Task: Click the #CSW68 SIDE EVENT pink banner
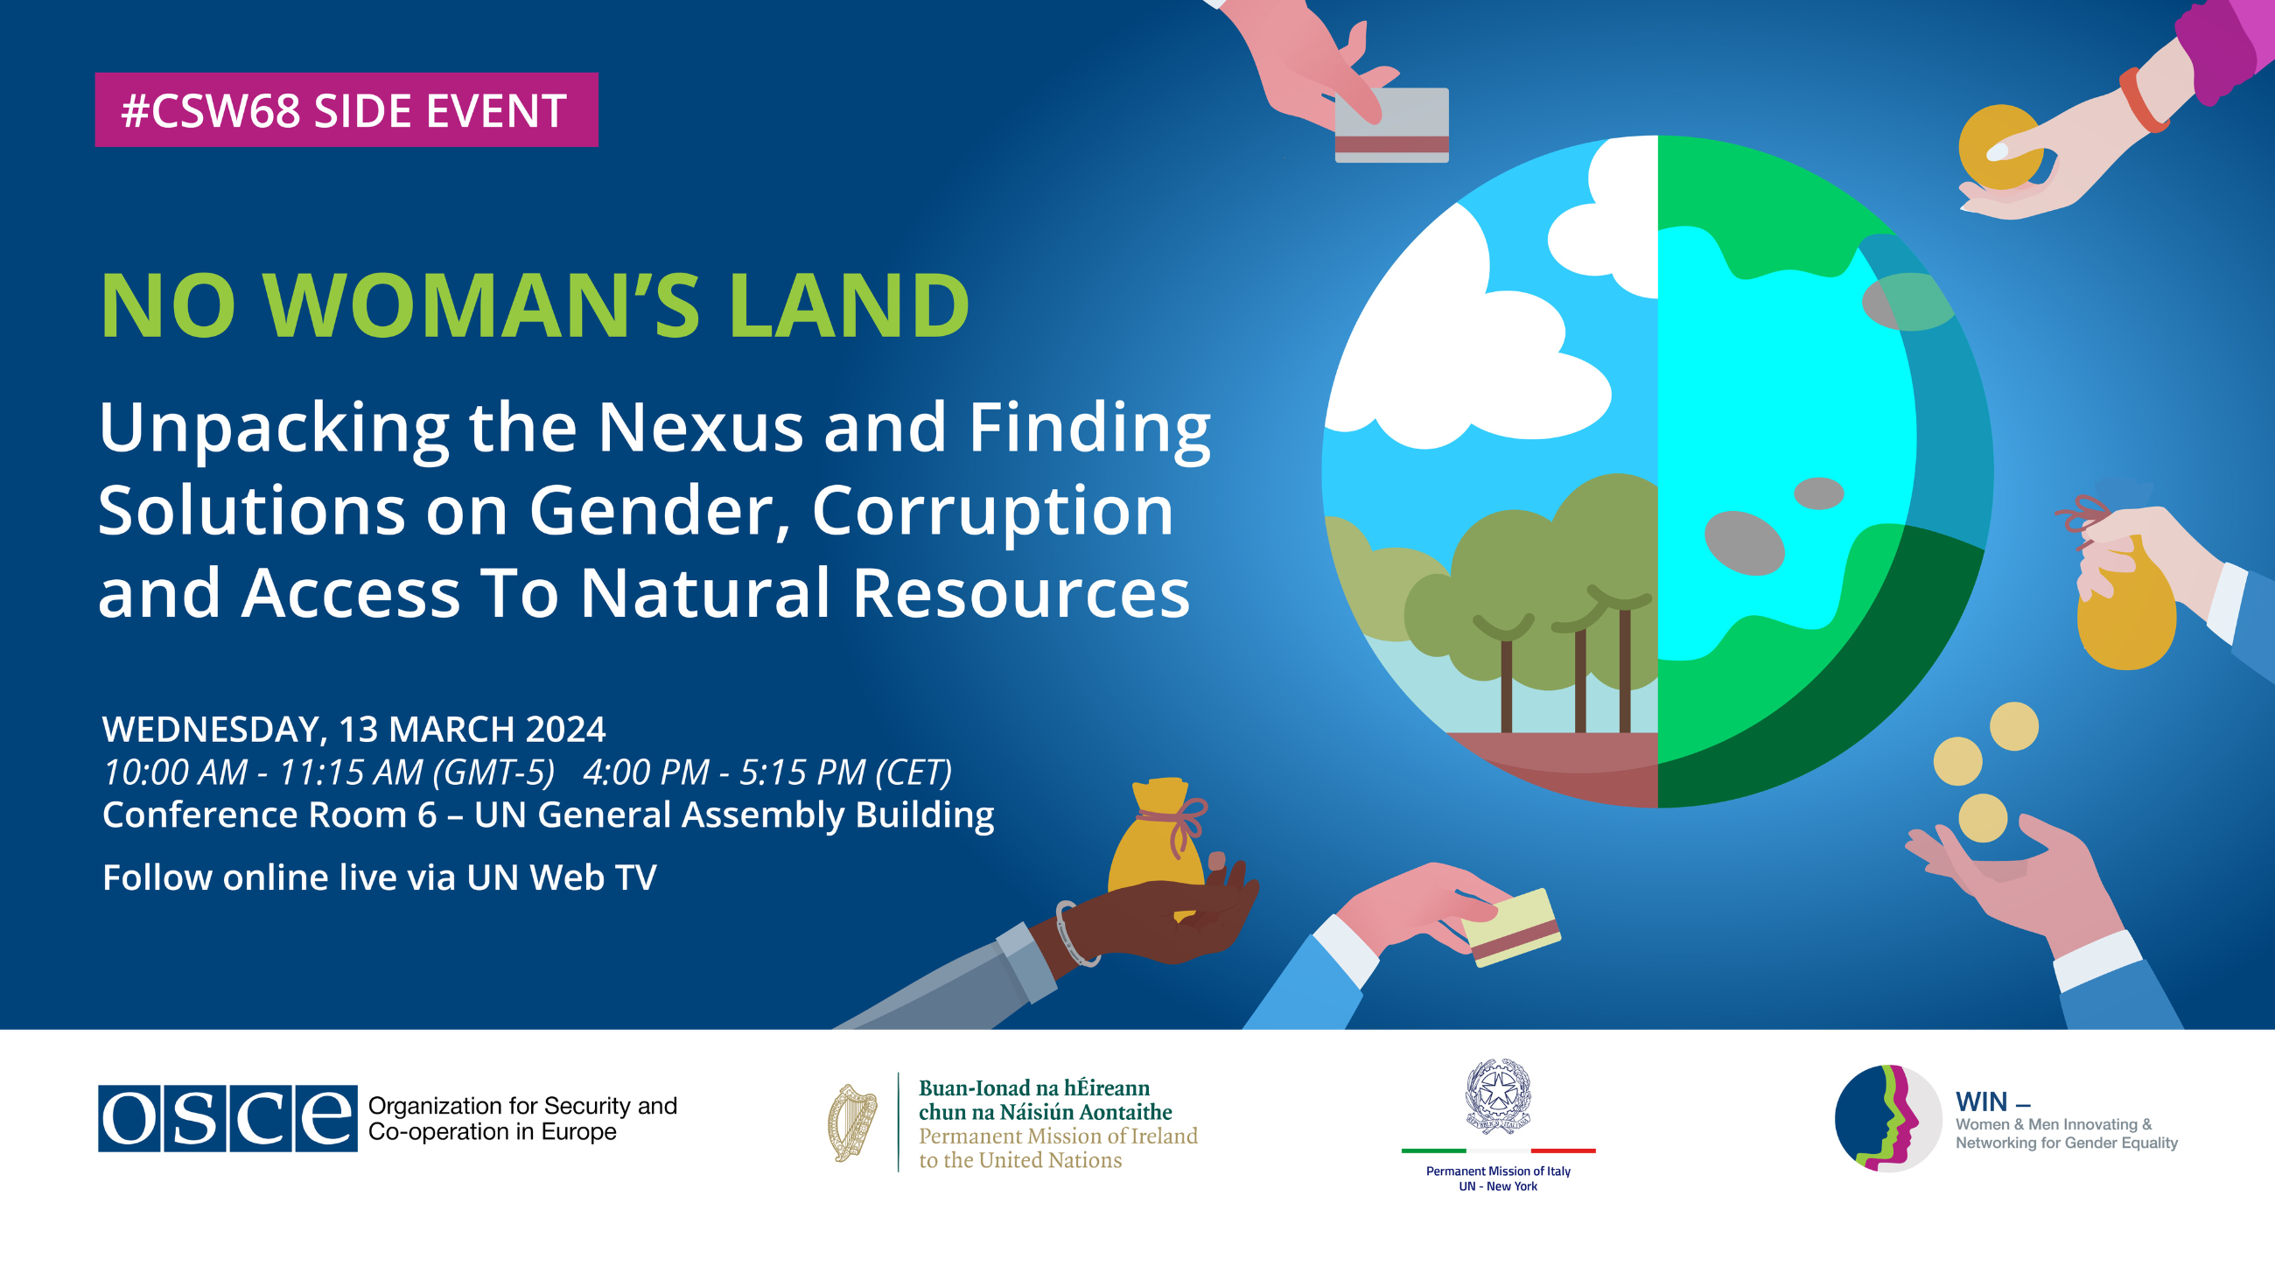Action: pos(346,109)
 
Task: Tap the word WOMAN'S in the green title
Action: pos(481,304)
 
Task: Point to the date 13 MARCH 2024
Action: pos(472,729)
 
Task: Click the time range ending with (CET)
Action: pos(767,772)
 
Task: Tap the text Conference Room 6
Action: pos(269,815)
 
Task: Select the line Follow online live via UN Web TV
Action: pos(380,878)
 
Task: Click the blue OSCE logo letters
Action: pos(227,1118)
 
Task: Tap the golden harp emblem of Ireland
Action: pos(852,1123)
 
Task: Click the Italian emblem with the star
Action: pos(1498,1095)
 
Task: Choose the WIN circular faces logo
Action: pos(1888,1118)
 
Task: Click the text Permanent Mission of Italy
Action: pos(1498,1172)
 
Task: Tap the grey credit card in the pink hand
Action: pos(1391,124)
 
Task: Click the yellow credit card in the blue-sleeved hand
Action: pos(1511,927)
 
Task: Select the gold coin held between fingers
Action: pos(2000,147)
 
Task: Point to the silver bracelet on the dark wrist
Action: pos(1075,934)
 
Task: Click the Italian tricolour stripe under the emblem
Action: pos(1498,1151)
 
